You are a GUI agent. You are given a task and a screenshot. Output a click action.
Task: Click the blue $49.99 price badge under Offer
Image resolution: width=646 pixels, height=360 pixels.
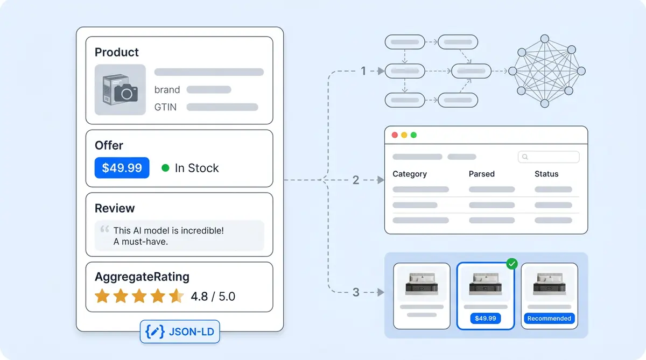pos(122,168)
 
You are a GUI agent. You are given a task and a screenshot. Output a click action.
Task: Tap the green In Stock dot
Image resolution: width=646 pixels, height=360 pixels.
pos(166,168)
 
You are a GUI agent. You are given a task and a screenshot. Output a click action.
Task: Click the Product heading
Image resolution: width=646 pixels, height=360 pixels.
pos(116,52)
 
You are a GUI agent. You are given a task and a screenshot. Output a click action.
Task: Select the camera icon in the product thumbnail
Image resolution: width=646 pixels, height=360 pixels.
pos(126,93)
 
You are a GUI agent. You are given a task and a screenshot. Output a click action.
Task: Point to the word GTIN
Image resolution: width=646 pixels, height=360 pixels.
pos(165,107)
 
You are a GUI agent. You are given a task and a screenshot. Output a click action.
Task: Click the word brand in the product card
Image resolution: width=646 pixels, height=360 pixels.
pos(167,90)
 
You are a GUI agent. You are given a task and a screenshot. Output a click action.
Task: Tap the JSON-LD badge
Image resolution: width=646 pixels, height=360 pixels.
pos(180,332)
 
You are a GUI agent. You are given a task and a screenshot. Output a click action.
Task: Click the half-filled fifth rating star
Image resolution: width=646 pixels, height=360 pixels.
pos(176,296)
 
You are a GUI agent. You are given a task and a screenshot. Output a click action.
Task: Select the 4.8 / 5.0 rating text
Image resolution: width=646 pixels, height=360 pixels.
pos(213,297)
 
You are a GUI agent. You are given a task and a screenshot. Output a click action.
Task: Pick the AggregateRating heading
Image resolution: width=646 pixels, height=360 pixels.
pos(142,277)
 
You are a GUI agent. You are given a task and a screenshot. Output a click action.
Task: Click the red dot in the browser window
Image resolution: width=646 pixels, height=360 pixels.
pos(395,135)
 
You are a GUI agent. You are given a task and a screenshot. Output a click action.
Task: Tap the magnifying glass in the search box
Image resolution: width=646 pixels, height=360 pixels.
pos(525,157)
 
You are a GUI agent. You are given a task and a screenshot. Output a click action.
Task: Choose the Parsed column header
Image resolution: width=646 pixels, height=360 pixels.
pos(481,174)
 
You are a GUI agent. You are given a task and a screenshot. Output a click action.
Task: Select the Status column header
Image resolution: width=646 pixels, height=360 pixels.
pos(546,174)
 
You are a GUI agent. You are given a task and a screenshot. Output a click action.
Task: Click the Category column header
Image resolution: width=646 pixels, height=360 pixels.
pos(410,174)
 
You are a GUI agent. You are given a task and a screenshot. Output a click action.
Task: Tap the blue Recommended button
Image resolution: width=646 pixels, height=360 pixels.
pos(549,319)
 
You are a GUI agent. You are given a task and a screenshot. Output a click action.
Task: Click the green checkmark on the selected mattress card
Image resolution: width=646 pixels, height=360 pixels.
pos(512,264)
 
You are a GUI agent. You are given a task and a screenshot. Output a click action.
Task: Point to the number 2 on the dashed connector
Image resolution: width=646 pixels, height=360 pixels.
pos(356,180)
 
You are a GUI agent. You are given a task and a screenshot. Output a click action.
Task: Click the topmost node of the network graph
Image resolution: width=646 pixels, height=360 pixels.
pos(545,39)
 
